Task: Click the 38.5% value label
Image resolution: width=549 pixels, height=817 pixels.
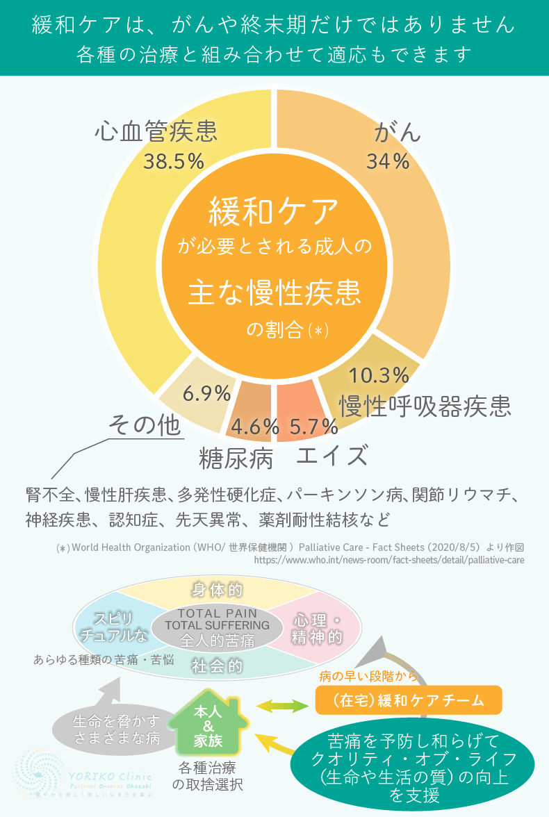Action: click(x=174, y=161)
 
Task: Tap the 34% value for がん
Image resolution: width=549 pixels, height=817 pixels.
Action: click(x=388, y=161)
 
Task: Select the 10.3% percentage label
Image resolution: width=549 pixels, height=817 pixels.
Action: click(x=378, y=375)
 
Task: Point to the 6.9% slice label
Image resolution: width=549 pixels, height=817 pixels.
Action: click(x=206, y=393)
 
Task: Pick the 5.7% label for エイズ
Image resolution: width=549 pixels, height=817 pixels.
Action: click(x=313, y=427)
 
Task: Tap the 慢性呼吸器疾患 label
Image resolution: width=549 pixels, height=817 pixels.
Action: click(x=425, y=405)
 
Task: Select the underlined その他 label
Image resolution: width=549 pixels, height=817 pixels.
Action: click(x=145, y=425)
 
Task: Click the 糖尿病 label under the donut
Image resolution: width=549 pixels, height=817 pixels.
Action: click(x=236, y=458)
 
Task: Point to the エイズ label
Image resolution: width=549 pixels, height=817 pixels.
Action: click(x=331, y=456)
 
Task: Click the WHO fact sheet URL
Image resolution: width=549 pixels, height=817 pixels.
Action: click(x=389, y=559)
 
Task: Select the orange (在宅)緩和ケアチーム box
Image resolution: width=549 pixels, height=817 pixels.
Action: click(x=409, y=700)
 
